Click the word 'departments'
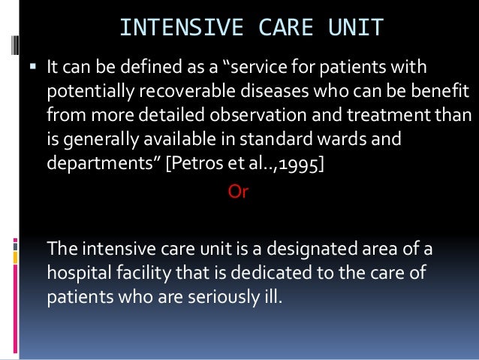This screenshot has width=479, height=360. click(92, 165)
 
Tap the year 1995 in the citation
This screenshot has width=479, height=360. click(301, 165)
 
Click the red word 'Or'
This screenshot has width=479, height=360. click(237, 192)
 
